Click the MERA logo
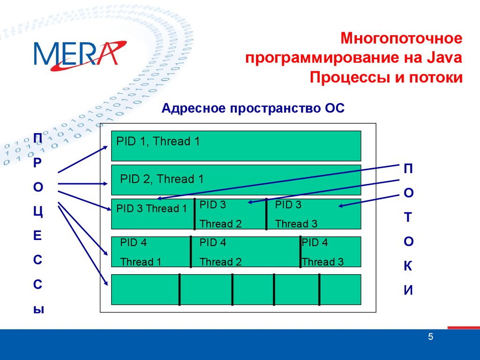pos(80,55)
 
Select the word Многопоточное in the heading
pos(401,38)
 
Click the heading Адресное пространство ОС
pos(253,108)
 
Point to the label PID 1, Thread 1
pos(158,141)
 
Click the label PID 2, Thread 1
pos(162,179)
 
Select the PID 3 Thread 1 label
pos(151,209)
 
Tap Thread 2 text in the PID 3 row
pos(220,224)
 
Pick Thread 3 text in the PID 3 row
pos(296,224)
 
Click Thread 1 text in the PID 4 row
pos(141,262)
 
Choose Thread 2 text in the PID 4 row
pos(220,262)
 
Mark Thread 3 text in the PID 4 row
pos(322,262)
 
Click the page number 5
pos(430,337)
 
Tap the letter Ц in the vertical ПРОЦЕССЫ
pos(38,211)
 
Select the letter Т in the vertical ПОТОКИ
pos(408,217)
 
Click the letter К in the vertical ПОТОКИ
pos(408,266)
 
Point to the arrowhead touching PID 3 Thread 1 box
pos(109,209)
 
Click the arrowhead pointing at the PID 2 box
pos(105,184)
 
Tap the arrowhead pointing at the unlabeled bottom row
pos(105,283)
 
